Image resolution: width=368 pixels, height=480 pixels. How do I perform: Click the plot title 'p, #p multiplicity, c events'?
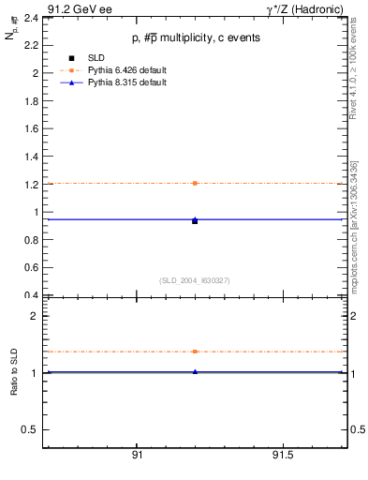(196, 38)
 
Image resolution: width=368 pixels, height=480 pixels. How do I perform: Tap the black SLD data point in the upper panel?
(195, 221)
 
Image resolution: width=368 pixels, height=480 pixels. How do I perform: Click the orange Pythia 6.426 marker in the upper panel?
(195, 183)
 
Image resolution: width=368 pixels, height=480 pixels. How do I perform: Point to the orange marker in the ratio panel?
(195, 352)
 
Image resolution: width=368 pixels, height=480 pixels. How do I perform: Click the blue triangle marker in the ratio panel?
(195, 372)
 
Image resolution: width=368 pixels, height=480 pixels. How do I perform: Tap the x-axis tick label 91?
(137, 456)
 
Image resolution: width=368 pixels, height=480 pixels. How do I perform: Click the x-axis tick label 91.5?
(283, 456)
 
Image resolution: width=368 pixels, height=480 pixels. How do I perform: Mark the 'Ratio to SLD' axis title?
(14, 372)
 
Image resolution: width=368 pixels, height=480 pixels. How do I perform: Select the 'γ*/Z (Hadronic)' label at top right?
(308, 7)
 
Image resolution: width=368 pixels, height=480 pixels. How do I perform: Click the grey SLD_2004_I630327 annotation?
(195, 280)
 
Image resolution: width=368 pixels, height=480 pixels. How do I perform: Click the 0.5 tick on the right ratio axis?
(357, 429)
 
